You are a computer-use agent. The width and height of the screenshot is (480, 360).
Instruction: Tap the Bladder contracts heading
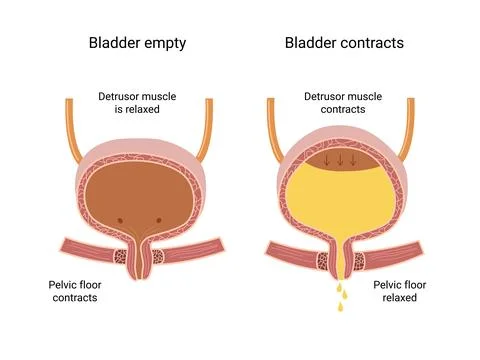coord(345,43)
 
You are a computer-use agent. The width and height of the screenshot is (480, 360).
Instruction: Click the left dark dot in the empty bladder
coord(121,220)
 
